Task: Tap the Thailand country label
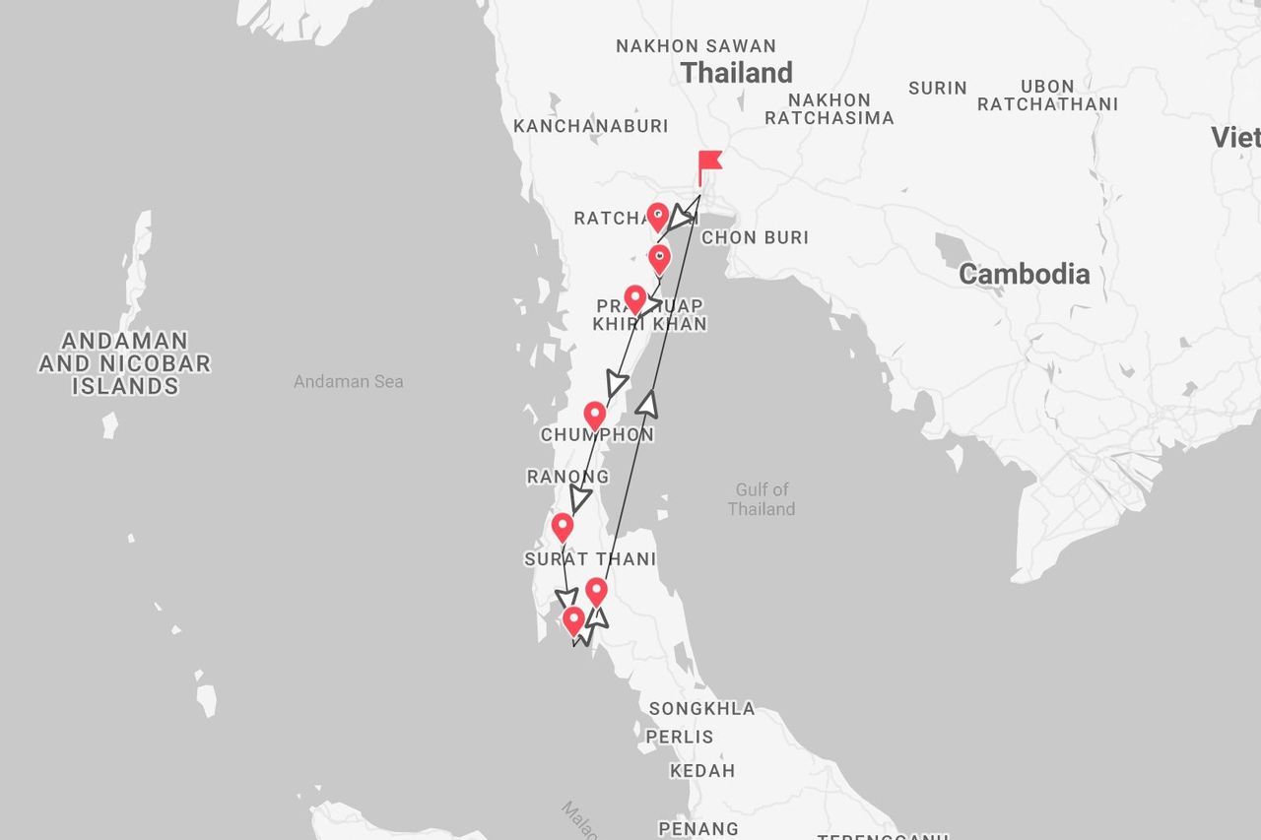pos(737,73)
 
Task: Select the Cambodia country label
pos(1024,275)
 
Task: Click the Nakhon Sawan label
pos(696,46)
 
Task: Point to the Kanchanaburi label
pos(590,126)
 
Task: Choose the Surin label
pos(937,89)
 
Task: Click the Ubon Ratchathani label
pos(1047,96)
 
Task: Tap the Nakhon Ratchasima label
pos(829,109)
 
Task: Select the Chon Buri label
pos(755,237)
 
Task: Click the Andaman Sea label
pos(348,381)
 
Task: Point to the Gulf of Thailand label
pos(762,499)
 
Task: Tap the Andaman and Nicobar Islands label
pos(125,363)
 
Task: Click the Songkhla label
pos(701,709)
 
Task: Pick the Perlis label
pos(680,737)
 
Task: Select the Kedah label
pos(702,771)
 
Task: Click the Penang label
pos(697,829)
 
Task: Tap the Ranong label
pos(567,478)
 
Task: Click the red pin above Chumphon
pos(595,416)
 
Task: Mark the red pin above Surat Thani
pos(562,527)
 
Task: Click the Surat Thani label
pos(589,559)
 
